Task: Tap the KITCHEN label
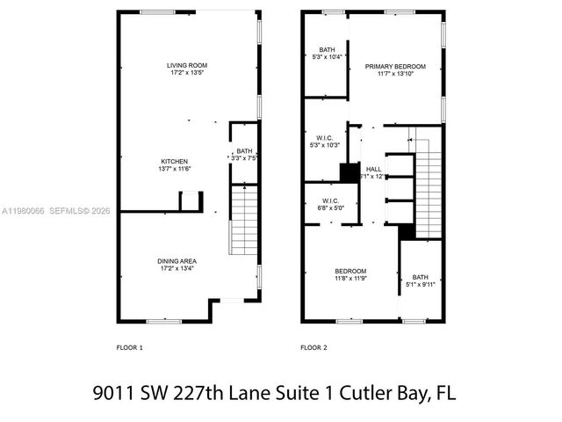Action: point(174,161)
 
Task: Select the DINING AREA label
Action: point(177,260)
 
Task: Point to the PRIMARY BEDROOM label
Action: point(395,67)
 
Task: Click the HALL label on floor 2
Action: point(374,169)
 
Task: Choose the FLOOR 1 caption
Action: point(130,347)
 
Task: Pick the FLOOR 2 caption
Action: point(313,347)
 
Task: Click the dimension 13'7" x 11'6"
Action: point(174,169)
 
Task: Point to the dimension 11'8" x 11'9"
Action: point(350,279)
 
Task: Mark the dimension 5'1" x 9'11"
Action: point(421,285)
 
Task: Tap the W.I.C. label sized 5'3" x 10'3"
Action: point(322,137)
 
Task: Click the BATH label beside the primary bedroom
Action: point(327,50)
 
